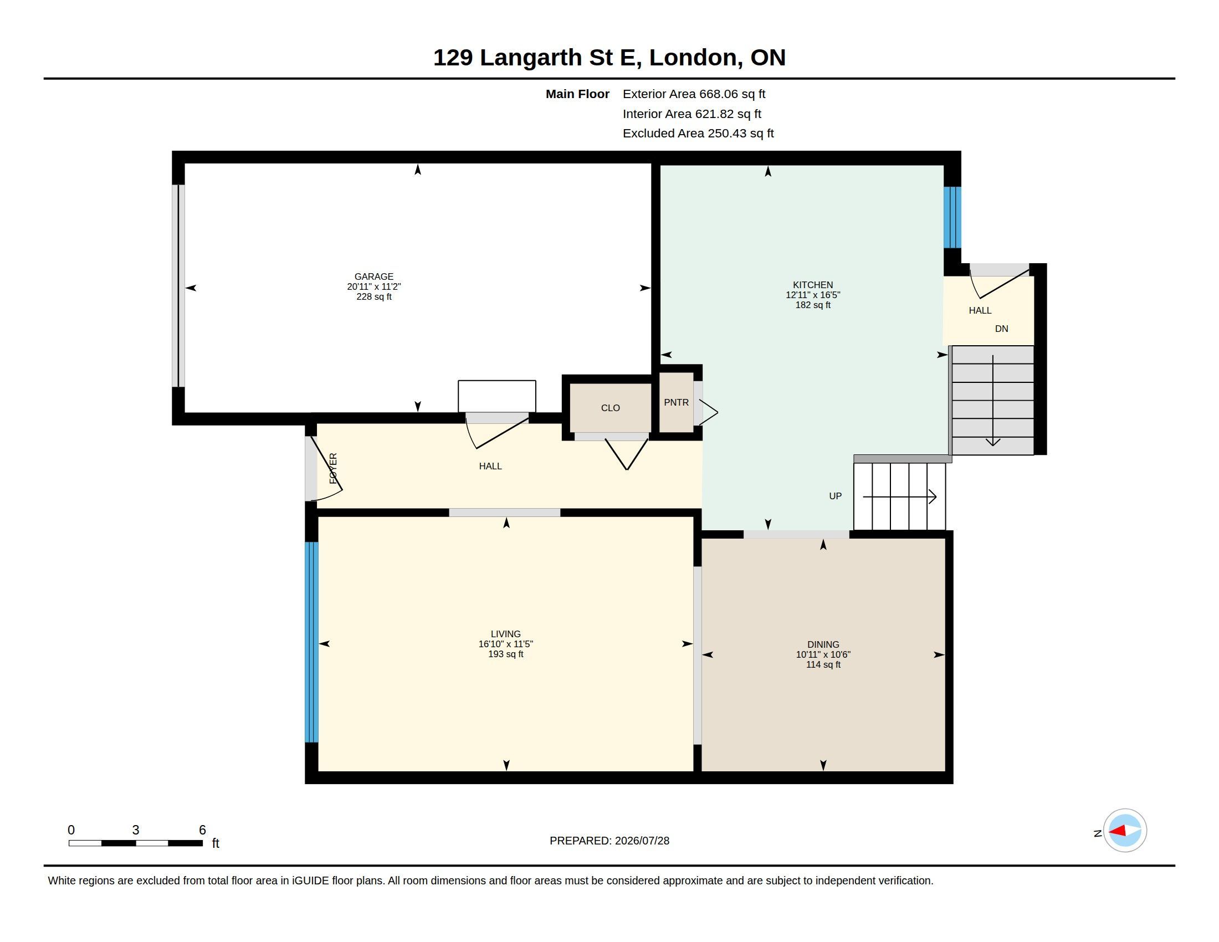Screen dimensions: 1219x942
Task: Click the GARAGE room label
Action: click(374, 277)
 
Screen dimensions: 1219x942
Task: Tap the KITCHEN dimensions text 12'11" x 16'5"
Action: click(813, 295)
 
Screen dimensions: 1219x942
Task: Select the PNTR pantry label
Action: click(676, 402)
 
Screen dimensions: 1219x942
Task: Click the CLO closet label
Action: click(610, 408)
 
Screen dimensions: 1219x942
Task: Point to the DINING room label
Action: click(823, 644)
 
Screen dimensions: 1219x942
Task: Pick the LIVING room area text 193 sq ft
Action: click(506, 654)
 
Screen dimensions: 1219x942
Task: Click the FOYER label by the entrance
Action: click(333, 468)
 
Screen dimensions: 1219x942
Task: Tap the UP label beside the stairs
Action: click(835, 496)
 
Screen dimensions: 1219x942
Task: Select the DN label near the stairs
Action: click(1001, 329)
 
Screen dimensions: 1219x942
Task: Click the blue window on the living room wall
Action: click(311, 642)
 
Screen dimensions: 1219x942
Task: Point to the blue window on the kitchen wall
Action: click(952, 217)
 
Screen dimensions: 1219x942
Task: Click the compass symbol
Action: click(1125, 831)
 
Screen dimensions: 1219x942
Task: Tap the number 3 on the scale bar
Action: click(136, 830)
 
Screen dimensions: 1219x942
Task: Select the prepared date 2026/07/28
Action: click(642, 841)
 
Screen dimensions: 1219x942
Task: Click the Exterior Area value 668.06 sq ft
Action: click(733, 94)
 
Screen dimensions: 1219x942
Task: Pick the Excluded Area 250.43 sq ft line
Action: click(698, 134)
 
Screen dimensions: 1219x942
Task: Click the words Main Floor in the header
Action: click(577, 94)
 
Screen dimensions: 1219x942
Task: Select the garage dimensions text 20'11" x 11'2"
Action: click(374, 287)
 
